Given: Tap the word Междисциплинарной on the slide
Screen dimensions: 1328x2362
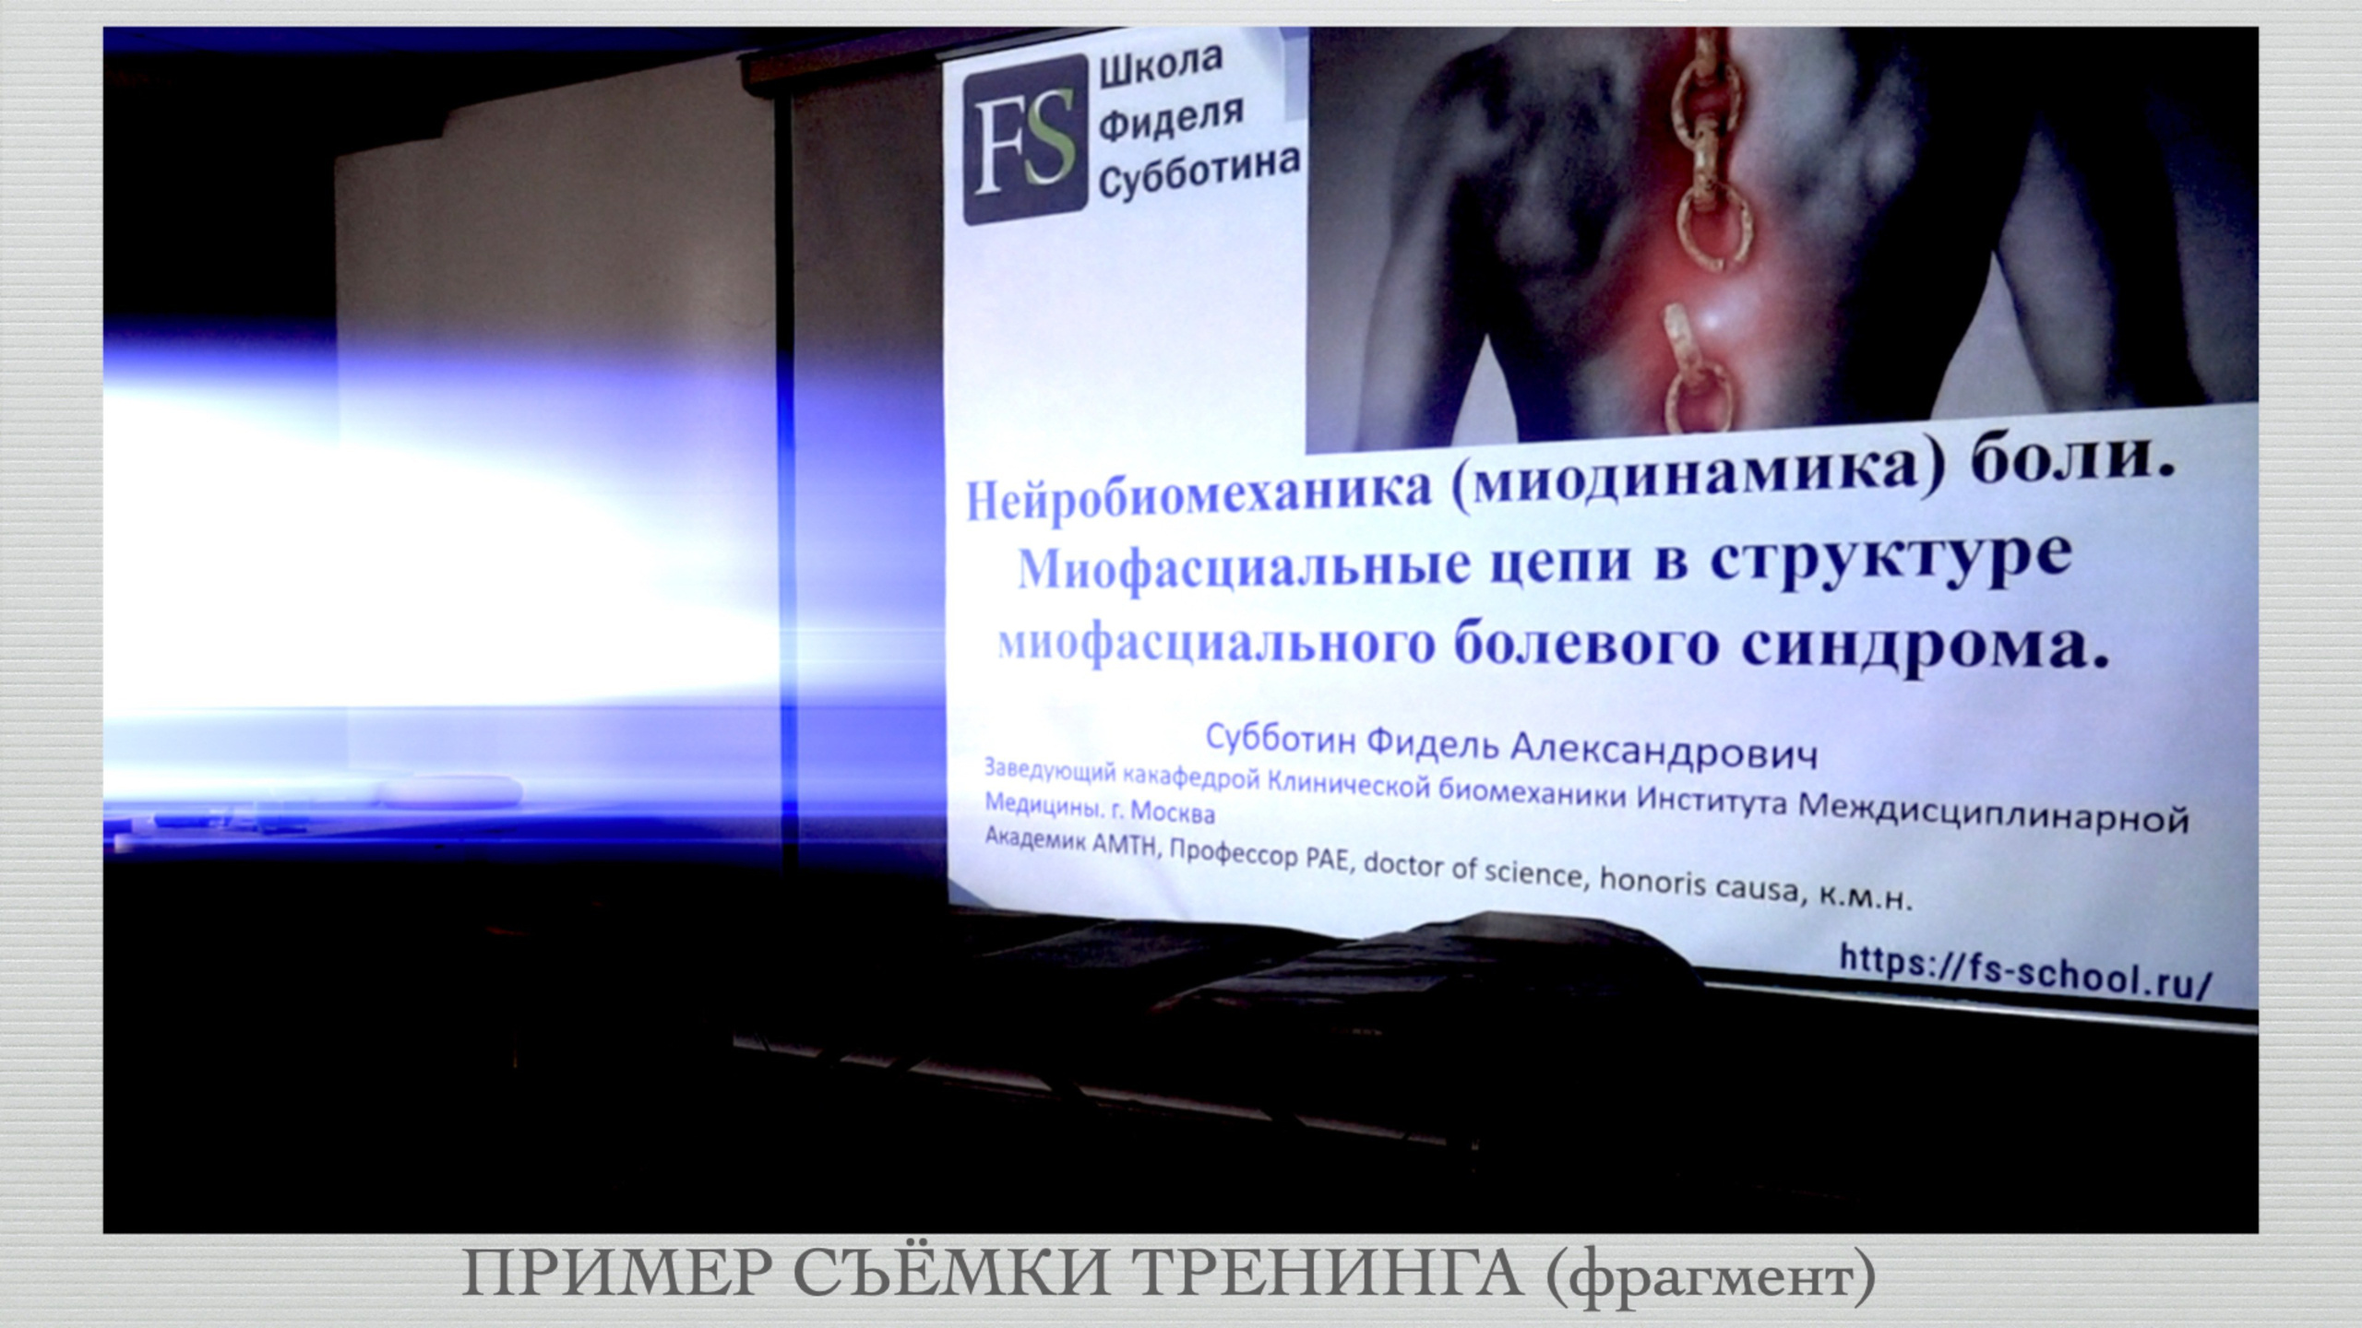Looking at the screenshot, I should pyautogui.click(x=1994, y=813).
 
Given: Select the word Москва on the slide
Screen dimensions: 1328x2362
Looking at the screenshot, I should pyautogui.click(x=1171, y=813).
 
